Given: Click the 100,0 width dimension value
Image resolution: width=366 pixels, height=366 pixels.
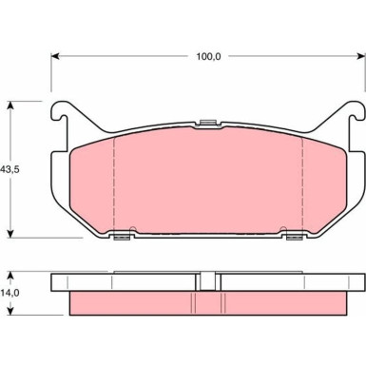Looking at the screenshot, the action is pyautogui.click(x=208, y=57).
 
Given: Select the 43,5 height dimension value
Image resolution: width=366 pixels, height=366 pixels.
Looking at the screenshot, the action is pyautogui.click(x=10, y=169).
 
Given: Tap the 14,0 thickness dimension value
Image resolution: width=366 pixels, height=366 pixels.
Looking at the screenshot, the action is pyautogui.click(x=10, y=293).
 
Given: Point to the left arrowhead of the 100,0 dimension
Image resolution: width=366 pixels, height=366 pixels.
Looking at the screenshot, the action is pyautogui.click(x=55, y=56).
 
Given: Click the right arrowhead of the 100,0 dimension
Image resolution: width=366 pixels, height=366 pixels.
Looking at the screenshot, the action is pyautogui.click(x=361, y=56).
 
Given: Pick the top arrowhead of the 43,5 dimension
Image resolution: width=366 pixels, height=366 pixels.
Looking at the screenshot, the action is pyautogui.click(x=11, y=106).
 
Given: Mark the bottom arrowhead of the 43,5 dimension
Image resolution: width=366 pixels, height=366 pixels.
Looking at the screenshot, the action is pyautogui.click(x=11, y=233).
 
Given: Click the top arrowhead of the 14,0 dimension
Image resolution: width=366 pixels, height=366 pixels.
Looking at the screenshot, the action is pyautogui.click(x=11, y=276).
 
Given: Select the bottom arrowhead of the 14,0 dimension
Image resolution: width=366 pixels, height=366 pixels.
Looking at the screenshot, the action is pyautogui.click(x=11, y=311).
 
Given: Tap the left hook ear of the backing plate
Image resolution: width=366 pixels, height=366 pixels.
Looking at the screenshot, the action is pyautogui.click(x=60, y=111).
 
